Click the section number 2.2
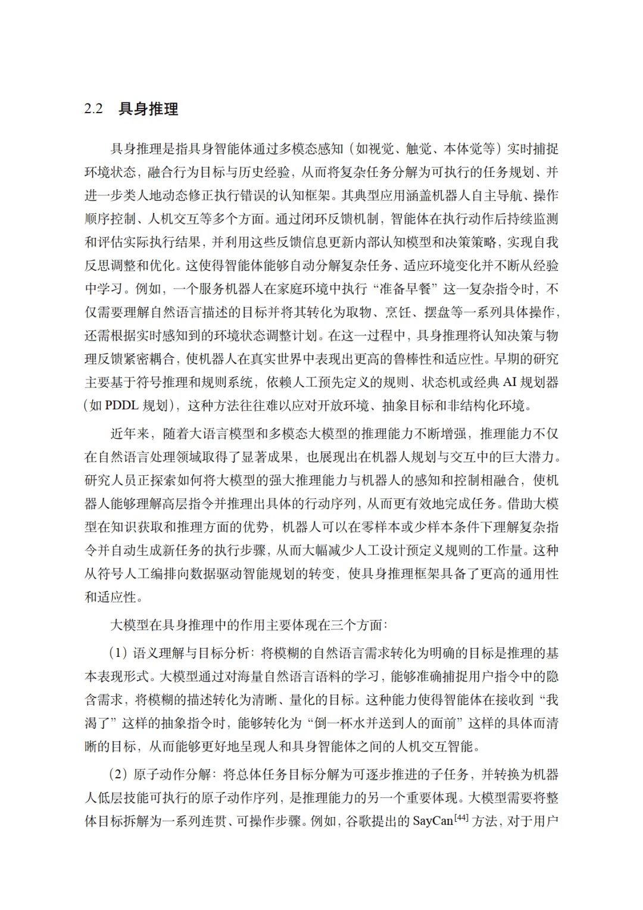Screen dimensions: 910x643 (x=93, y=109)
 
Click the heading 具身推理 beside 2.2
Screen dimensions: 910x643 (x=148, y=109)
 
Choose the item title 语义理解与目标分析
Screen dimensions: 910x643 (x=192, y=653)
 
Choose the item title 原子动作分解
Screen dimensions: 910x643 (x=171, y=775)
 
